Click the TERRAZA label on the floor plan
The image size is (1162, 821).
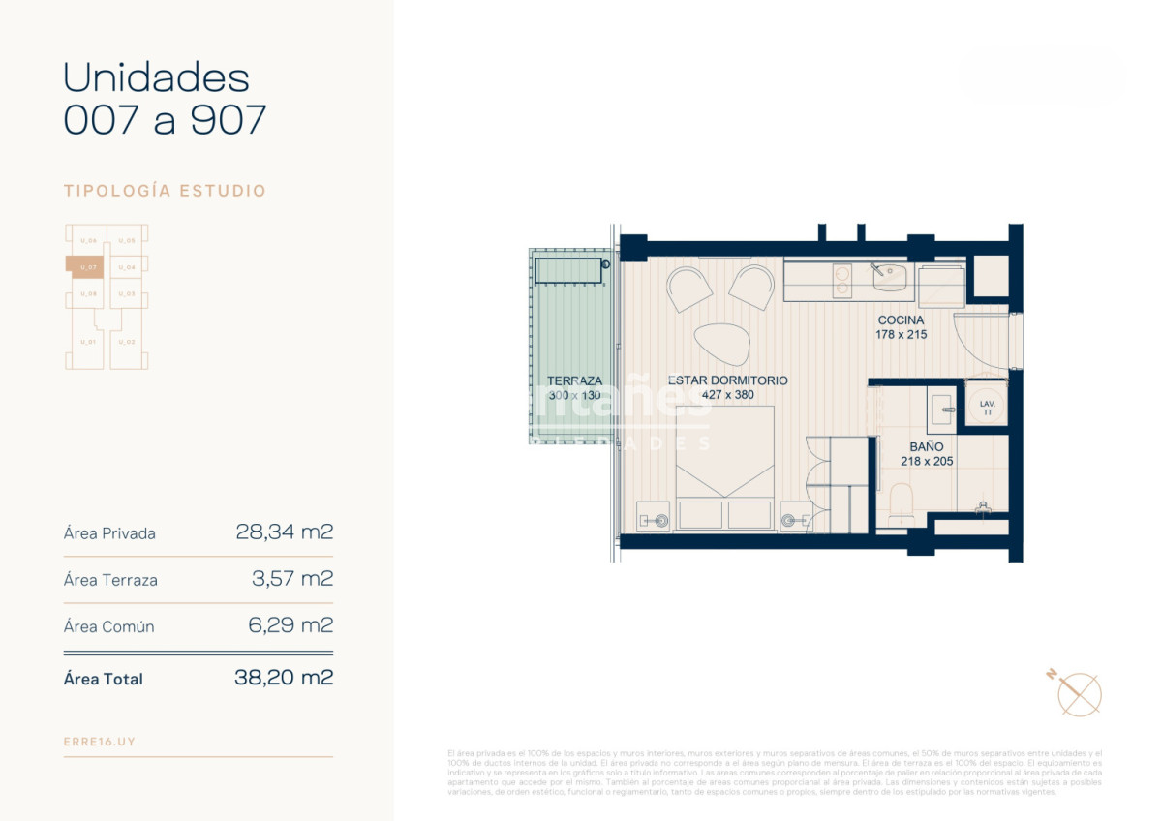point(574,380)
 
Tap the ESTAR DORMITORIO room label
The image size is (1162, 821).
point(727,380)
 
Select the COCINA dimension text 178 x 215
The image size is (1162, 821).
point(902,335)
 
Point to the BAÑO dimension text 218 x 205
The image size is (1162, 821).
point(927,461)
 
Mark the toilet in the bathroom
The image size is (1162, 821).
point(902,502)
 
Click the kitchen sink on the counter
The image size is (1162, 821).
point(890,279)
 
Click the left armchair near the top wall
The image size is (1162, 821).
point(688,288)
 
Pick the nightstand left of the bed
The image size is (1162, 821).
point(654,516)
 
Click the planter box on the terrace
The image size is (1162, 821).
point(570,270)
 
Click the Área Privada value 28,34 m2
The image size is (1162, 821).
point(284,532)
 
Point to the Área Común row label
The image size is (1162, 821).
point(108,626)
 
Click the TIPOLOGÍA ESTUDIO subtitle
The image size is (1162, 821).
point(165,191)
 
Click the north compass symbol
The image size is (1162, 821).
point(1078,692)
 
